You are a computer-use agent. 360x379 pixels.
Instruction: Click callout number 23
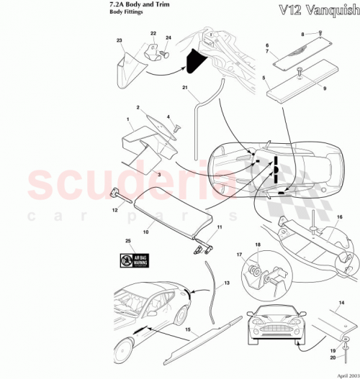coord(120,42)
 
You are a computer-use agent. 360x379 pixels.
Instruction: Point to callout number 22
coord(153,33)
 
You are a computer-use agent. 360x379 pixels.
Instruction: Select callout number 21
coord(185,88)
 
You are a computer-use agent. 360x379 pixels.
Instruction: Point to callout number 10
coord(146,232)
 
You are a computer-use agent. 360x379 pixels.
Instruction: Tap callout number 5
coord(264,78)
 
